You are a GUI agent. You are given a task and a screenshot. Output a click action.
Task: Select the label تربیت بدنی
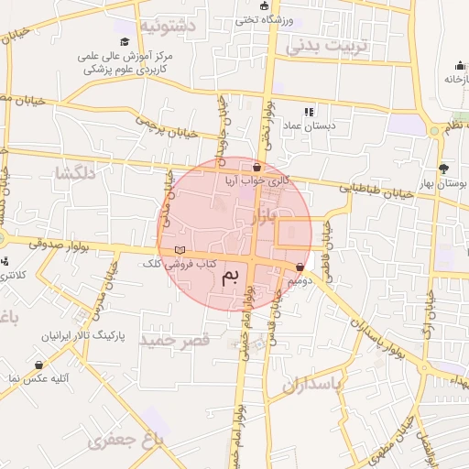[x=324, y=45]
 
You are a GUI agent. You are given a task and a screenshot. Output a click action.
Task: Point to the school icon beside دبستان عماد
[x=308, y=111]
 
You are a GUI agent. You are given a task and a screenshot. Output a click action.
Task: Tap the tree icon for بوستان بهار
[x=444, y=168]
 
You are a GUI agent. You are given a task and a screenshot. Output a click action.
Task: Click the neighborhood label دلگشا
[x=75, y=172]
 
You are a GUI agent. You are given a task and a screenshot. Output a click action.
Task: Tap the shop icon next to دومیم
[x=300, y=267]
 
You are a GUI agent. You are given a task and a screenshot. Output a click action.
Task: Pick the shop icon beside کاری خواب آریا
[x=256, y=167]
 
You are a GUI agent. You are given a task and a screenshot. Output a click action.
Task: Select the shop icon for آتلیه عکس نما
[x=39, y=364]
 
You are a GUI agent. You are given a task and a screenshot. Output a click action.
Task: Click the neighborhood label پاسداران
[x=311, y=385]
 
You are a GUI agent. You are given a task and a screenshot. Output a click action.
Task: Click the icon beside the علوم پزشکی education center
[x=125, y=41]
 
